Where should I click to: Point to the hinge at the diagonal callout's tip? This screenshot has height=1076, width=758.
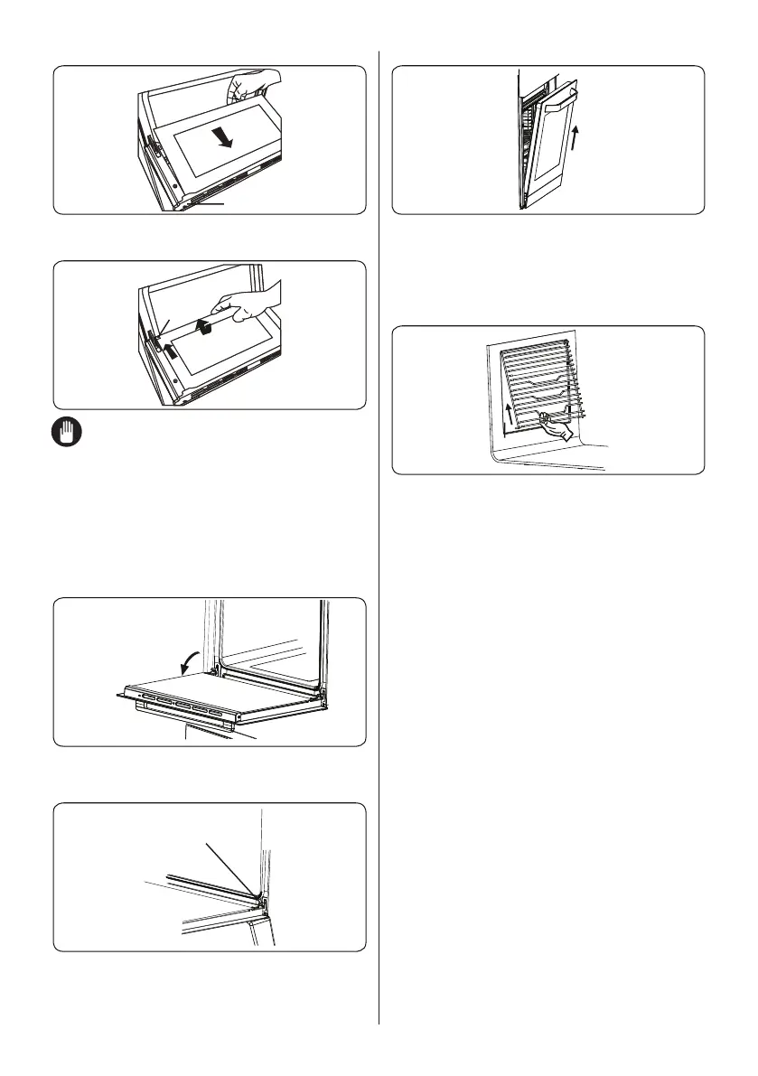(x=259, y=896)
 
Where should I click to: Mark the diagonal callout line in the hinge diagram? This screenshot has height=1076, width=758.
(x=230, y=867)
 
